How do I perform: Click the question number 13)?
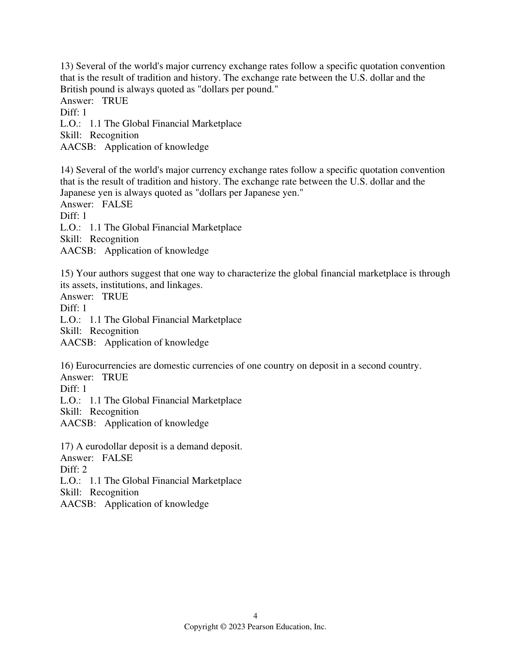(67, 66)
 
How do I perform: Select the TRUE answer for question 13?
(115, 101)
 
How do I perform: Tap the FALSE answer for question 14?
(117, 204)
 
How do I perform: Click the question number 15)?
(67, 273)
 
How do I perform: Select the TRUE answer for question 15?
(115, 297)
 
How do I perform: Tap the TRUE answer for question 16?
(115, 377)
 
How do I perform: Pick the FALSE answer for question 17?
(117, 458)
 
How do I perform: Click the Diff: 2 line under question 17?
(73, 470)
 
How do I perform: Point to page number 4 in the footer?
(255, 616)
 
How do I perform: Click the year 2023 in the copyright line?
(236, 627)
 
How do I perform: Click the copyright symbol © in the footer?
(223, 627)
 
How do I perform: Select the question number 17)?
(67, 446)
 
